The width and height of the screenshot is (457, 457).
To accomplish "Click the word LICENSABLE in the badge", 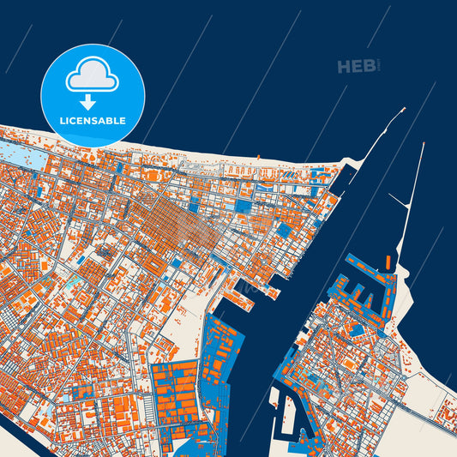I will pos(93,121).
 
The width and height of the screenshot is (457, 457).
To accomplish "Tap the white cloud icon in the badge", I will pos(93,78).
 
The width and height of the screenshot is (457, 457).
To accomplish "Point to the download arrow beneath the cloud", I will pos(93,102).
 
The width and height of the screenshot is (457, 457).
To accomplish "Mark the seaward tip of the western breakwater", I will pos(403,111).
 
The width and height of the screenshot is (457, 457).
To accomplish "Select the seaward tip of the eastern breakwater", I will pos(423,143).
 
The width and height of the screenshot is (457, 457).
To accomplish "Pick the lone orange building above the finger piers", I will pos(387,262).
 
